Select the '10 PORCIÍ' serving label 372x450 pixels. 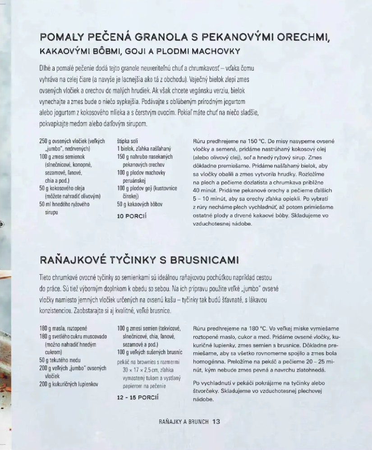coord(132,216)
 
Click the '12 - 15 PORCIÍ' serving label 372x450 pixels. coord(138,397)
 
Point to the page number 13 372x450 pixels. coord(216,422)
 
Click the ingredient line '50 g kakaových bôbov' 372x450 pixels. coord(140,204)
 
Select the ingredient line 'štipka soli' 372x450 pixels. coord(128,141)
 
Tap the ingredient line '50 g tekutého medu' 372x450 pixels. coord(60,360)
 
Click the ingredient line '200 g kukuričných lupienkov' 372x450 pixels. coord(69,384)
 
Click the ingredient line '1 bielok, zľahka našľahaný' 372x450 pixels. coord(144,148)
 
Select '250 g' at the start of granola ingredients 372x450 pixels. coord(46,141)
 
